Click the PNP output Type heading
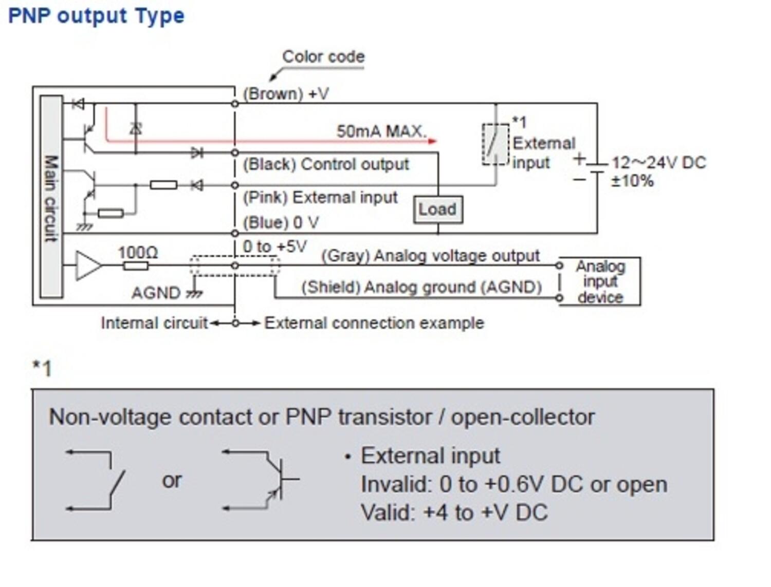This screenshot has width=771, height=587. (x=96, y=16)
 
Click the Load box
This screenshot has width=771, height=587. (x=437, y=210)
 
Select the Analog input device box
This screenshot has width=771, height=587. (x=599, y=281)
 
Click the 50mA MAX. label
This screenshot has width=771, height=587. (x=381, y=131)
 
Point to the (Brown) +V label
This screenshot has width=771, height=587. (x=285, y=94)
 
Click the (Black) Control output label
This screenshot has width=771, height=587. (x=325, y=164)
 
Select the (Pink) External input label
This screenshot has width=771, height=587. (x=320, y=197)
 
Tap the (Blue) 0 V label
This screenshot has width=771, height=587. (x=281, y=223)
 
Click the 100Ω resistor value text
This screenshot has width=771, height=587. (x=138, y=252)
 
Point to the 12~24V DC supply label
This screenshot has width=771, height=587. (x=658, y=163)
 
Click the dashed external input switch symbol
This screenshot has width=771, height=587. (x=495, y=144)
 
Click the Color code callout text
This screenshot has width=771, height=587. (x=323, y=56)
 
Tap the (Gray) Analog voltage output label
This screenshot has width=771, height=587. (x=430, y=256)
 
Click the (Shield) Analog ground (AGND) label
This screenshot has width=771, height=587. (x=421, y=287)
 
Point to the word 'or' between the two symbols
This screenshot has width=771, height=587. (x=172, y=481)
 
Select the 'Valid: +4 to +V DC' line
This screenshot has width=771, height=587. (x=454, y=513)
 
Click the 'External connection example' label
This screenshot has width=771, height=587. (x=374, y=323)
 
